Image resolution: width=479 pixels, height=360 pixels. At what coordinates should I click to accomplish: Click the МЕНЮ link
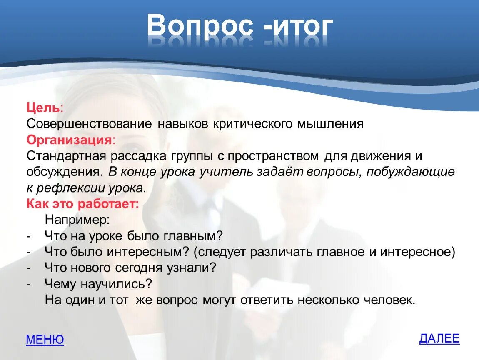point(45,339)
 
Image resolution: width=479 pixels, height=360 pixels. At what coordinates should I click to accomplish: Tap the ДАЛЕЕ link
point(439,338)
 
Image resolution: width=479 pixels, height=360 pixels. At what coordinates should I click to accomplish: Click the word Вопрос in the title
point(200,25)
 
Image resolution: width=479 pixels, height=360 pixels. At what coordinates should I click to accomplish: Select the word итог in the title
point(302,26)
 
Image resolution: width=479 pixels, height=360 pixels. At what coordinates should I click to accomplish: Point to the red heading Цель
point(43,108)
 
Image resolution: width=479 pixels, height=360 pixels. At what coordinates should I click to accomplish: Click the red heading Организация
point(69,140)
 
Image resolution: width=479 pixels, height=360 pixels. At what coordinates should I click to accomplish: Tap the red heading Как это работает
point(82,203)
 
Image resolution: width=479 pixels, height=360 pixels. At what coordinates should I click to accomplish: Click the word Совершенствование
point(89,124)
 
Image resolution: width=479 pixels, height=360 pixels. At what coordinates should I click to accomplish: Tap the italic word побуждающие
point(411,172)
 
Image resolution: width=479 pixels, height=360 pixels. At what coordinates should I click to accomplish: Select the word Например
point(77,220)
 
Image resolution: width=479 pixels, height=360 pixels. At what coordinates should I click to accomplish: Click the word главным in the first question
point(193,236)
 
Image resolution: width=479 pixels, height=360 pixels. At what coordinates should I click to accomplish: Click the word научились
point(116,284)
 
